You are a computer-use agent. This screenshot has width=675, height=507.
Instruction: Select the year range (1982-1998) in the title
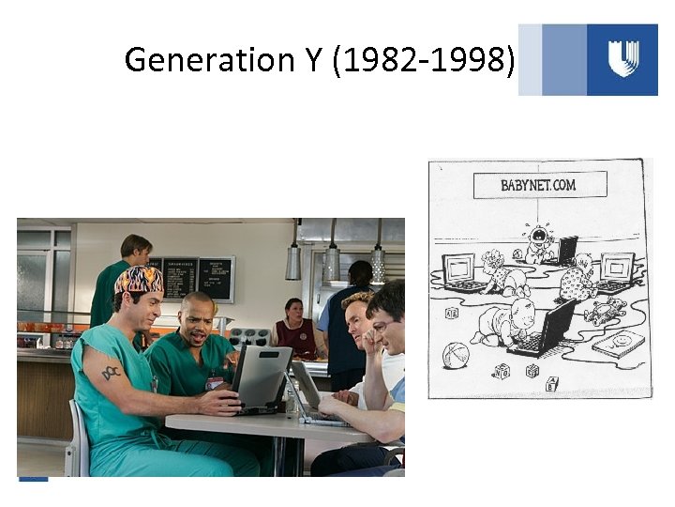pyautogui.click(x=424, y=60)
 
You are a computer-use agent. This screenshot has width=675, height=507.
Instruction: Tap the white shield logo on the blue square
pyautogui.click(x=622, y=58)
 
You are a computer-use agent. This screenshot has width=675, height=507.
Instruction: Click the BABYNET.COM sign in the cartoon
pyautogui.click(x=537, y=185)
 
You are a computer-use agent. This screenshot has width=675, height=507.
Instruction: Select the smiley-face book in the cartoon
pyautogui.click(x=619, y=344)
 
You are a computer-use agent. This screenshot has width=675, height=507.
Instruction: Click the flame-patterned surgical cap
pyautogui.click(x=138, y=279)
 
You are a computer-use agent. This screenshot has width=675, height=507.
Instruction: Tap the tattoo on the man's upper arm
pyautogui.click(x=112, y=372)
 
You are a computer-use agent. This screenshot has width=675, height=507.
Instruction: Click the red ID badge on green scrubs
pyautogui.click(x=214, y=384)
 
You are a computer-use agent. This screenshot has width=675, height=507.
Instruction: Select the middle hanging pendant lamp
pyautogui.click(x=332, y=262)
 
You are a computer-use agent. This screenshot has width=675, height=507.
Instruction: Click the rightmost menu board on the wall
pyautogui.click(x=216, y=279)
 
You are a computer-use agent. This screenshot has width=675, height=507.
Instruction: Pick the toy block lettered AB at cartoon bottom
pyautogui.click(x=551, y=383)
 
